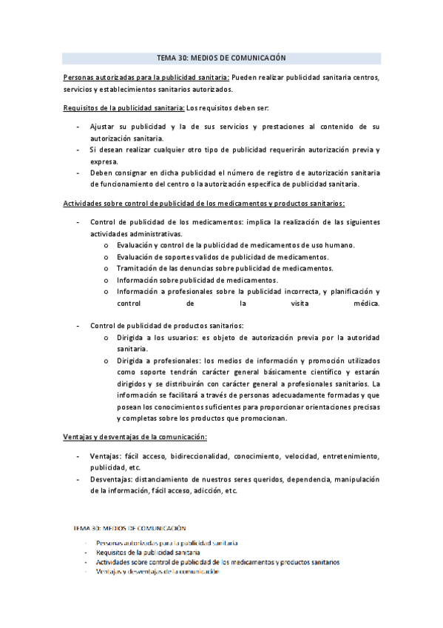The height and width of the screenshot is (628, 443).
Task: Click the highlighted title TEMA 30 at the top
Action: point(221,57)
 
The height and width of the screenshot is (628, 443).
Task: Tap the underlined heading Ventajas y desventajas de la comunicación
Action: point(135,437)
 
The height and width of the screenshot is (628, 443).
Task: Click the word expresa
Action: point(104,161)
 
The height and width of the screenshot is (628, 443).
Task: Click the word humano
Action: point(339,245)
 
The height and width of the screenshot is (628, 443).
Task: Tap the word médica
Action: point(367,304)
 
